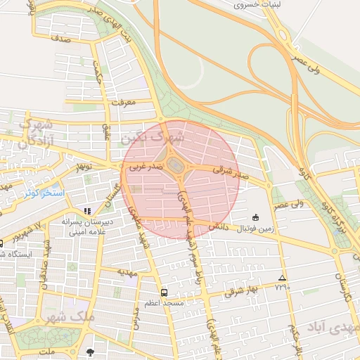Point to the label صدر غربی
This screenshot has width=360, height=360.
pos(146,167)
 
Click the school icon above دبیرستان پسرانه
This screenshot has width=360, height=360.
pos(87,210)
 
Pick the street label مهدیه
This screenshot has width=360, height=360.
pos(126,271)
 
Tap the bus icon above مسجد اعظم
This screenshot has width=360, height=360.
pos(164,292)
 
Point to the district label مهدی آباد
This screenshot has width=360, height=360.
pos(332,328)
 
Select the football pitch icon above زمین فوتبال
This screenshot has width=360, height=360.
pos(255,217)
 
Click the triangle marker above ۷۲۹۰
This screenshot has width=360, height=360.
pos(282,278)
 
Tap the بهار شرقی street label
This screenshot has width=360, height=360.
pos(242,291)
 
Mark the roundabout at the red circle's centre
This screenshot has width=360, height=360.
pos(178,166)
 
